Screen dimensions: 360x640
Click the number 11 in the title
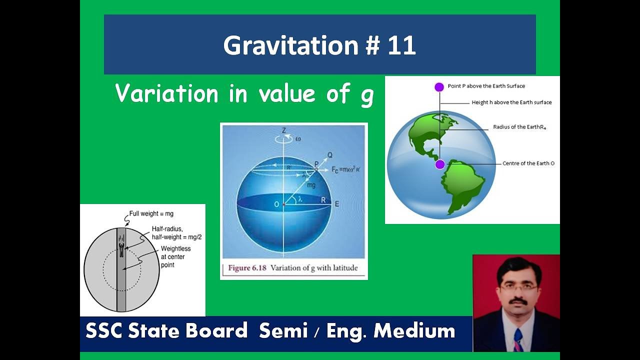pos(400,45)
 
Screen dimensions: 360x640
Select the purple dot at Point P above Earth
pos(439,87)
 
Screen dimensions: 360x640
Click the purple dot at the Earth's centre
pos(440,164)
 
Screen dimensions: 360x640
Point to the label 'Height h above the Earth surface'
pos(511,102)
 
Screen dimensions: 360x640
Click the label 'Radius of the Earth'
pos(519,127)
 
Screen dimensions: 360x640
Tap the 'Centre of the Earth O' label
pos(528,163)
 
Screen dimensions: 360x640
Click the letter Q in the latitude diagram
pos(330,155)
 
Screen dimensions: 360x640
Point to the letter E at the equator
pos(337,204)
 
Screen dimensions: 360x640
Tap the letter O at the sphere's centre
pos(276,204)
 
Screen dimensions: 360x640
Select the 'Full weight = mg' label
pos(151,214)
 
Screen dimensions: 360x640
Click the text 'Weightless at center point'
pos(175,256)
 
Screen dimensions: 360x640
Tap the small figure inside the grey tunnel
pos(121,246)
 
